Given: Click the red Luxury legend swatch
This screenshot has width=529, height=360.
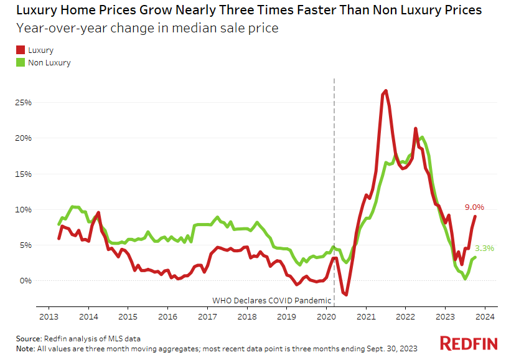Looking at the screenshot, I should (x=20, y=50).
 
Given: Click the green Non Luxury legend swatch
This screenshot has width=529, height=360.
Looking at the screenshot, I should (x=20, y=62).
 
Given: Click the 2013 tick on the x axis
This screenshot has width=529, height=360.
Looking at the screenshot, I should (x=49, y=316).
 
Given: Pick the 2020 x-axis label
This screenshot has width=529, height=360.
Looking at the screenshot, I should (x=326, y=316).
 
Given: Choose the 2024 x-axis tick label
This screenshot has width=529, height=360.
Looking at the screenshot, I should (x=485, y=316).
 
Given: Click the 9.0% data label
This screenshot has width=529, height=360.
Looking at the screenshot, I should (x=474, y=207).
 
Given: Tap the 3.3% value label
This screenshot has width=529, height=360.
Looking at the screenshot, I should (x=485, y=248).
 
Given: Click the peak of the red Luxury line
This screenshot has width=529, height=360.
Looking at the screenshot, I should (x=386, y=91).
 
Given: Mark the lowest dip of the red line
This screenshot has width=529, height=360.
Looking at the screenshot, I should (x=346, y=295).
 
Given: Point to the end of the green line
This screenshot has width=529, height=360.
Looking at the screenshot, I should (x=475, y=257).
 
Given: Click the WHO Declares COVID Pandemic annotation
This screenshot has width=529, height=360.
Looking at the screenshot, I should (x=272, y=300).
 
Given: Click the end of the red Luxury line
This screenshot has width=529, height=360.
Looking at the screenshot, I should (x=475, y=217).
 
